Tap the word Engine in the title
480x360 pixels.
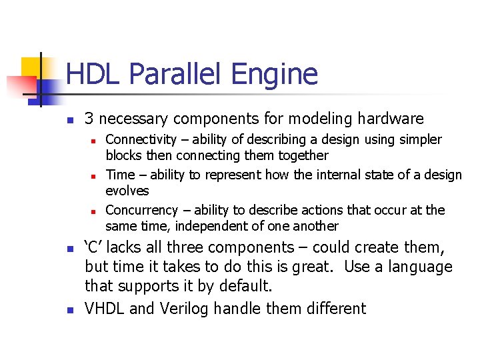click(x=280, y=74)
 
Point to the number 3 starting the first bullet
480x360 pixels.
click(x=89, y=119)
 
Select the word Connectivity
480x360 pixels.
click(x=141, y=139)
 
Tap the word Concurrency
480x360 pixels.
click(x=142, y=210)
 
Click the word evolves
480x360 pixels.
click(x=127, y=191)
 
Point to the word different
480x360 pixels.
click(x=334, y=308)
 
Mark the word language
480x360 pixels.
click(x=417, y=267)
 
